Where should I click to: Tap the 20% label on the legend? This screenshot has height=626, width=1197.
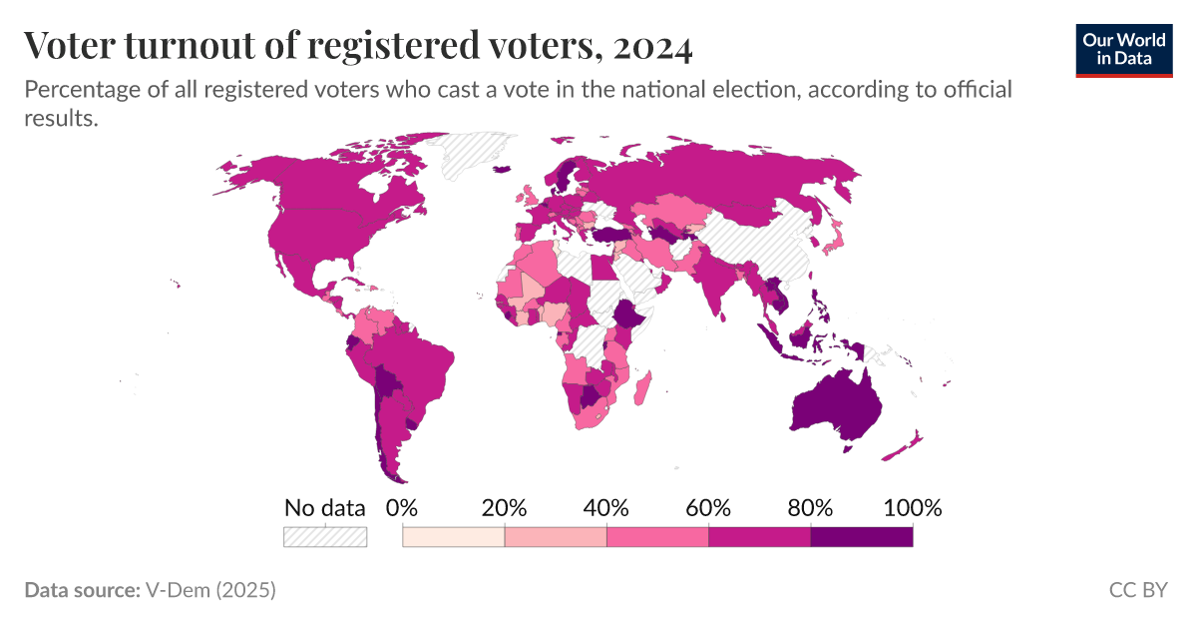(504, 507)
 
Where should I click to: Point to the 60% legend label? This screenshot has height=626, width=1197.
(708, 507)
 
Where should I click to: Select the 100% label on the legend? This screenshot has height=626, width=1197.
(912, 507)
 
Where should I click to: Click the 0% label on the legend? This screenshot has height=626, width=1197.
(401, 507)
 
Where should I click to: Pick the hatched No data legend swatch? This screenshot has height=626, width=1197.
(325, 537)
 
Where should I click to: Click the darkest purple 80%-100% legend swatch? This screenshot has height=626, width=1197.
(861, 537)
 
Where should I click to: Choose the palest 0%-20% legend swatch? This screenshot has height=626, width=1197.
(453, 537)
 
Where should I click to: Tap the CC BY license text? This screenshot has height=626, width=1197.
(1137, 590)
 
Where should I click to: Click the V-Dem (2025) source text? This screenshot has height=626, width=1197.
(210, 590)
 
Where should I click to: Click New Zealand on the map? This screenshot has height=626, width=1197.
(903, 447)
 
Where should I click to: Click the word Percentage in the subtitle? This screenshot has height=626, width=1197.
(79, 90)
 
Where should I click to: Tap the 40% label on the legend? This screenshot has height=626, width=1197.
(605, 507)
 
